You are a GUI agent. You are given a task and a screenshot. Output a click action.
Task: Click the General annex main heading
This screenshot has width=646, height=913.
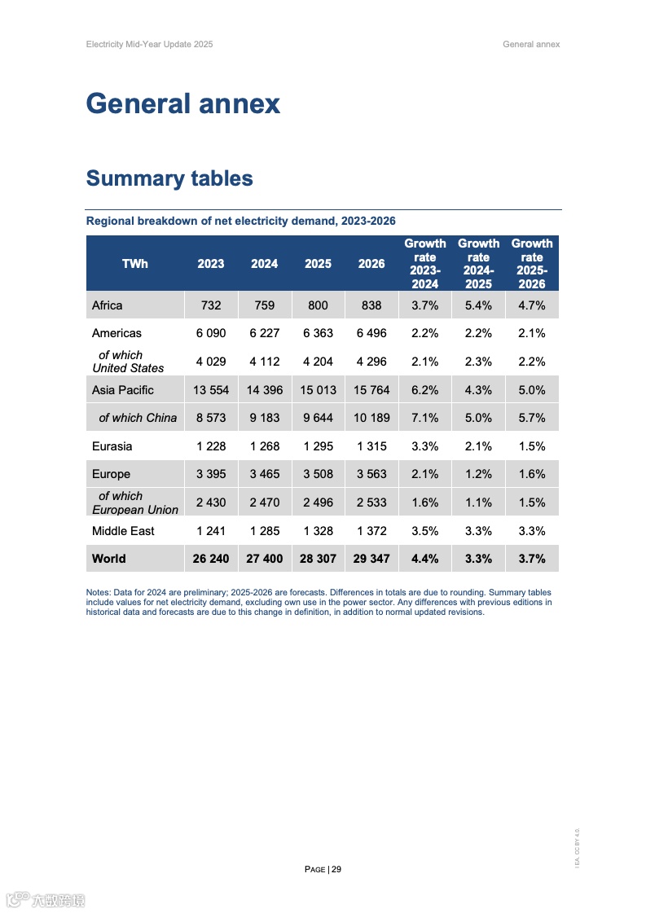click(182, 104)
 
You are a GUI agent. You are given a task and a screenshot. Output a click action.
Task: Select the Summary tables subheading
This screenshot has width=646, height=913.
click(169, 179)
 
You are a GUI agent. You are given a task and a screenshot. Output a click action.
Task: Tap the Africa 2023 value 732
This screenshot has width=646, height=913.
click(211, 305)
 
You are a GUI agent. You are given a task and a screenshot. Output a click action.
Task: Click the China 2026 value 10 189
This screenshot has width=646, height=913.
click(371, 418)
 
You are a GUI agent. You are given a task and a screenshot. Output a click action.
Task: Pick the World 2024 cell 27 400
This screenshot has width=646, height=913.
click(264, 559)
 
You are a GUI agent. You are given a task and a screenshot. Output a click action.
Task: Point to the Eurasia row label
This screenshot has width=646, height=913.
click(112, 446)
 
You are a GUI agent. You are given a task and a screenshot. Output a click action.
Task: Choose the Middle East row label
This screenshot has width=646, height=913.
click(123, 531)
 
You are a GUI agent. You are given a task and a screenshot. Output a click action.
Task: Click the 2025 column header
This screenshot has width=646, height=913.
click(318, 264)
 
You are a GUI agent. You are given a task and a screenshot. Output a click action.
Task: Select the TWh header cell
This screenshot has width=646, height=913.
click(135, 264)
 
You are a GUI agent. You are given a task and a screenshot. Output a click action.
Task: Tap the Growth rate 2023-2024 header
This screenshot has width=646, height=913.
click(425, 263)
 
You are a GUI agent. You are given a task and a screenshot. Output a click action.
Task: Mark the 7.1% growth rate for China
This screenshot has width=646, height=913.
click(425, 418)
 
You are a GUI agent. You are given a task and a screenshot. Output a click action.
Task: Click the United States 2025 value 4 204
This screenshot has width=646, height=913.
click(318, 362)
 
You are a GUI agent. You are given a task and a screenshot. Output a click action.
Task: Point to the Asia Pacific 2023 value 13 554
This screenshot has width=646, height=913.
click(211, 390)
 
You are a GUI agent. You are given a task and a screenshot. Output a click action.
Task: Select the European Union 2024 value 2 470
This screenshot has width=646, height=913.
click(264, 503)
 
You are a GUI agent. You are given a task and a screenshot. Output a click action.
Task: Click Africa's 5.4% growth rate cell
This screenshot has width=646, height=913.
click(478, 305)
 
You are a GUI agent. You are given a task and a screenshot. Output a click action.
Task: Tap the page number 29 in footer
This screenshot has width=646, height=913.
click(336, 869)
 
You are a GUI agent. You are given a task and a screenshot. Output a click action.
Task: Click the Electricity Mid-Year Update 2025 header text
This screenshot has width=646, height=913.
click(149, 44)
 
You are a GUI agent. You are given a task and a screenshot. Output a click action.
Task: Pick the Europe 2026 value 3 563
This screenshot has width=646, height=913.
click(371, 474)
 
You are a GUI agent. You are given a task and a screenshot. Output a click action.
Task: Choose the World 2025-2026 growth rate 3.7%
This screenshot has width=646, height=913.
click(532, 559)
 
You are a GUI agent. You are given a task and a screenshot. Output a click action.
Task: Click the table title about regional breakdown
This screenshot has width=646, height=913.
click(241, 222)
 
